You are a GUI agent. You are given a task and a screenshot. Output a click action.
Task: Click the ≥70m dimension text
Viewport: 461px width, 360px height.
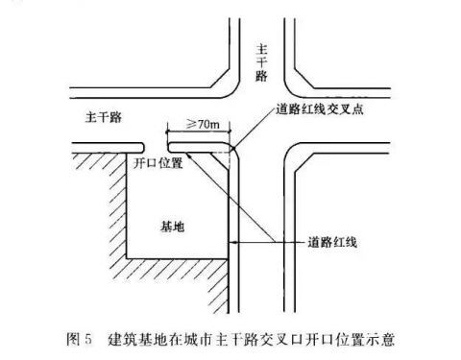pyautogui.click(x=203, y=124)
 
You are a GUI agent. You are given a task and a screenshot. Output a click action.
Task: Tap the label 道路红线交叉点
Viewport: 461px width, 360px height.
pyautogui.click(x=320, y=109)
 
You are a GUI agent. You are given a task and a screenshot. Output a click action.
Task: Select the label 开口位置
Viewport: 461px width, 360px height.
pyautogui.click(x=158, y=163)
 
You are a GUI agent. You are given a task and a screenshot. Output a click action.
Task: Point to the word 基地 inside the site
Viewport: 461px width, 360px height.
pyautogui.click(x=173, y=227)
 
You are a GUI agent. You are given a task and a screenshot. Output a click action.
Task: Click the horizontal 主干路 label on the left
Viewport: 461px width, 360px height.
pyautogui.click(x=104, y=117)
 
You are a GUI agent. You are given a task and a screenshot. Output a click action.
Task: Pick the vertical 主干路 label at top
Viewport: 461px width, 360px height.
pyautogui.click(x=261, y=63)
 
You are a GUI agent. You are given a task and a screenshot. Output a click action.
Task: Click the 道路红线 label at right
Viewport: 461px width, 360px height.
pyautogui.click(x=332, y=242)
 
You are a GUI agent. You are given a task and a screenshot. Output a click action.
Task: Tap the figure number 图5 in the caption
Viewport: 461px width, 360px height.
pyautogui.click(x=79, y=339)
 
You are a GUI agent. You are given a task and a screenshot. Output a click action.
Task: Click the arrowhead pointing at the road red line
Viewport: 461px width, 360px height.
pyautogui.click(x=234, y=243)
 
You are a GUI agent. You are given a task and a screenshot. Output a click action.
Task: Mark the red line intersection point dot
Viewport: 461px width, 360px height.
pyautogui.click(x=234, y=148)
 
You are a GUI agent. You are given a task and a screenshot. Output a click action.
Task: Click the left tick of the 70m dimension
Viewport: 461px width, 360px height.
pyautogui.click(x=167, y=131)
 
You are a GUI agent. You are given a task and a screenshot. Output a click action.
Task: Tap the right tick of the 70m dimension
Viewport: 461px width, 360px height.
pyautogui.click(x=230, y=131)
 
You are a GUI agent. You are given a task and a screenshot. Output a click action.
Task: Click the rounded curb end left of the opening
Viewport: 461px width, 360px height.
pyautogui.click(x=142, y=147)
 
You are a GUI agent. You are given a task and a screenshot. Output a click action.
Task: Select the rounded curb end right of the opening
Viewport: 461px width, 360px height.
pyautogui.click(x=170, y=147)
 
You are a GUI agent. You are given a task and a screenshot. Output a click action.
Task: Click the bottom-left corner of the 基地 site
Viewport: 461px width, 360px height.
pyautogui.click(x=127, y=258)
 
